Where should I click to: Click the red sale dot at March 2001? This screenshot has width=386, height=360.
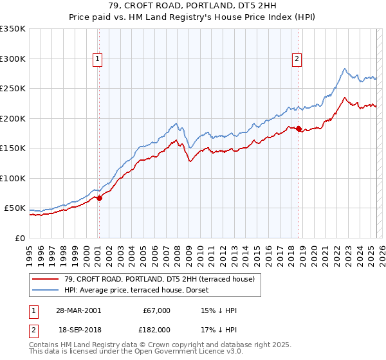click(x=100, y=199)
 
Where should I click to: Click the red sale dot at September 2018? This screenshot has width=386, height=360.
click(x=299, y=130)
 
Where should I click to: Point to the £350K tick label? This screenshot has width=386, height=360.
click(x=13, y=29)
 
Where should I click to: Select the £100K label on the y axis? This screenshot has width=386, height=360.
click(x=13, y=178)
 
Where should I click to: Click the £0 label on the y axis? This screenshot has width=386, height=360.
click(x=19, y=238)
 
